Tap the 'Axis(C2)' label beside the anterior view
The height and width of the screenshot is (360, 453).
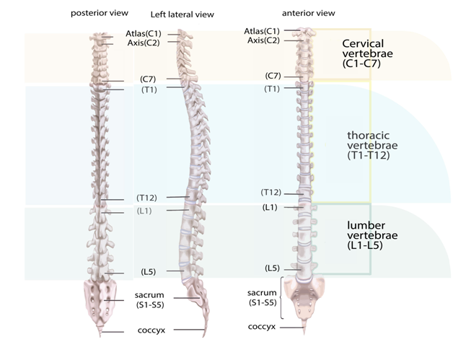point(263,40)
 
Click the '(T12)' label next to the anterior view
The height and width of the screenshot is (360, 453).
point(271,192)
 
